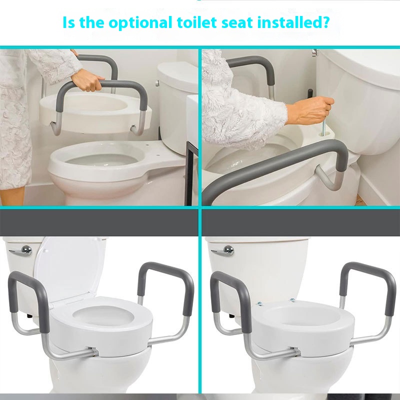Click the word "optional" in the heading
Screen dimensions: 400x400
pyautogui.click(x=140, y=22)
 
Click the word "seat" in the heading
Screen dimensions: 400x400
pyautogui.click(x=237, y=22)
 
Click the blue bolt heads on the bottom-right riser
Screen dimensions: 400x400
pyautogui.click(x=276, y=302)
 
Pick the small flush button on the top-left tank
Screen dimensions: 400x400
pyautogui.click(x=157, y=83)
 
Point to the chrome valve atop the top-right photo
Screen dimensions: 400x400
pyautogui.click(x=314, y=52)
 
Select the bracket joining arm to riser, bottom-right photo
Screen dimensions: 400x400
pyautogui.click(x=296, y=351)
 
